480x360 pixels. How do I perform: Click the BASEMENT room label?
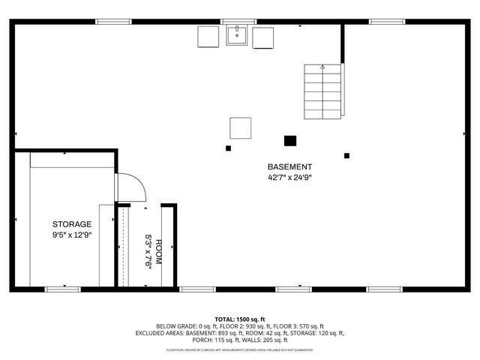pyautogui.click(x=289, y=166)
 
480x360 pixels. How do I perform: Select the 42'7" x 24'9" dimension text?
pyautogui.click(x=289, y=178)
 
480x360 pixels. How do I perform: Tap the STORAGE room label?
pyautogui.click(x=72, y=224)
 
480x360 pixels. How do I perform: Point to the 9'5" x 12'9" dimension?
pyautogui.click(x=72, y=235)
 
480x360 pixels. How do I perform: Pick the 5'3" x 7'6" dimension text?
pyautogui.click(x=148, y=253)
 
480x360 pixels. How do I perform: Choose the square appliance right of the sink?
pyautogui.click(x=263, y=37)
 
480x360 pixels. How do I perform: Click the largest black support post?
pyautogui.click(x=290, y=139)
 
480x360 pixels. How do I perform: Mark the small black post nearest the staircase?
pyautogui.click(x=346, y=156)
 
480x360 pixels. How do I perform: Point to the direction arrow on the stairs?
pyautogui.click(x=323, y=67)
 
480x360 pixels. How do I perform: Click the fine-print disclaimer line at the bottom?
pyautogui.click(x=240, y=349)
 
